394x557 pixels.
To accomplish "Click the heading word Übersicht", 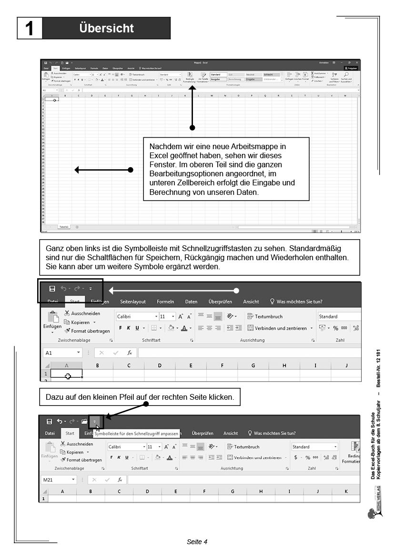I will coord(106,28).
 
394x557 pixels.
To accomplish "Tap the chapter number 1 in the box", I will coord(30,28).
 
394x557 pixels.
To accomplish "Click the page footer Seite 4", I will coord(197,542).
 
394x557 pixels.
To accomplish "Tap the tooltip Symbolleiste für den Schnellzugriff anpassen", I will coord(136,434).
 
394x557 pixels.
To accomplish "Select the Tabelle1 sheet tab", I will coord(63,227).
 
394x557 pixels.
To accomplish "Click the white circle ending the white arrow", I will coord(236,291).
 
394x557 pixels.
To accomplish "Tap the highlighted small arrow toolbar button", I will coord(95,421).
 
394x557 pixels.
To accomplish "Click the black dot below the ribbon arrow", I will coord(192,128).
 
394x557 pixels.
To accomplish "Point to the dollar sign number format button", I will coord(295,457).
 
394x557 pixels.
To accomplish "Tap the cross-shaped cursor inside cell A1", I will coord(68,376).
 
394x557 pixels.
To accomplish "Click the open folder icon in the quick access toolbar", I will coord(84,421).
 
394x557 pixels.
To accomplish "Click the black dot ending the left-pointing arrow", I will coord(131,170).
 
